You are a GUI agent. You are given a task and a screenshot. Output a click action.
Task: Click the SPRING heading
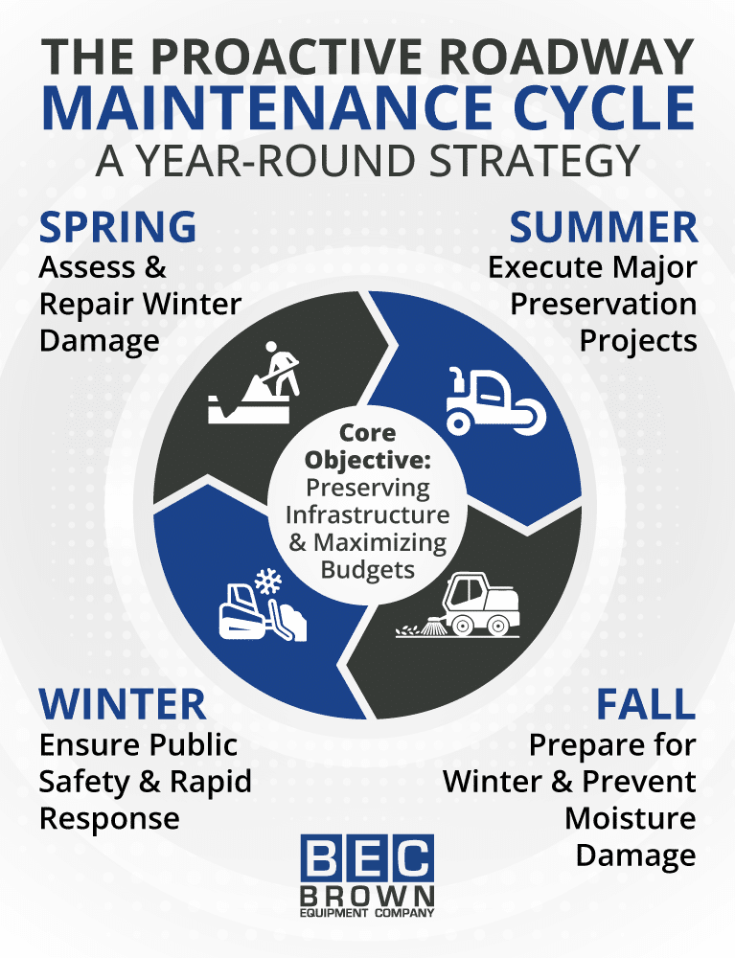(x=118, y=228)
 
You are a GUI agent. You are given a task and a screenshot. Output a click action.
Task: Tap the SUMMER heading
(x=603, y=228)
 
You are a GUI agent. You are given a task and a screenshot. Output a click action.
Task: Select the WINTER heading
(x=123, y=705)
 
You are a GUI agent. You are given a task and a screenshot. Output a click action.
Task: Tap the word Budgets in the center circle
(x=367, y=570)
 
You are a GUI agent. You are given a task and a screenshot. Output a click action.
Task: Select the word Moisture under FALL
(x=630, y=818)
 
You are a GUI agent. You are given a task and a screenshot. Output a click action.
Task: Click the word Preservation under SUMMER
(x=603, y=304)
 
